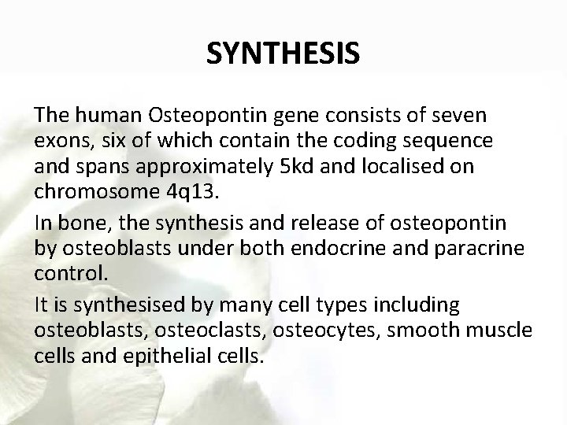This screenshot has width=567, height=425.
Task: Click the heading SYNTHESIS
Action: coord(283,54)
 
